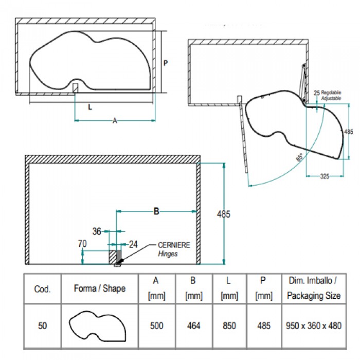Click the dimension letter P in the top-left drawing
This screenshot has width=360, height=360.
[x=166, y=63]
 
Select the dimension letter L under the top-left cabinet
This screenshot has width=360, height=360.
[x=91, y=107]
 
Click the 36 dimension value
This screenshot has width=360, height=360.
[x=97, y=231]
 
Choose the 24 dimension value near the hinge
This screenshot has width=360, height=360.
[x=133, y=244]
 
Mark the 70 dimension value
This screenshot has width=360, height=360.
[x=82, y=244]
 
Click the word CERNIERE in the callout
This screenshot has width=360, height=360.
[x=174, y=245]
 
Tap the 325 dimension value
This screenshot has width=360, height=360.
[x=325, y=176]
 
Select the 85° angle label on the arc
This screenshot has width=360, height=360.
[x=300, y=158]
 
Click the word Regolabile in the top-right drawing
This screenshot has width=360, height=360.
[x=332, y=92]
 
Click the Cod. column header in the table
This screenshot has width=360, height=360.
[x=42, y=289]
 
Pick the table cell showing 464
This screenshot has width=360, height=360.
[x=193, y=326]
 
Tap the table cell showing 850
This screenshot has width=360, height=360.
[x=229, y=326]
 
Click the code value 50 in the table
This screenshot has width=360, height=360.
[x=42, y=326]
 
